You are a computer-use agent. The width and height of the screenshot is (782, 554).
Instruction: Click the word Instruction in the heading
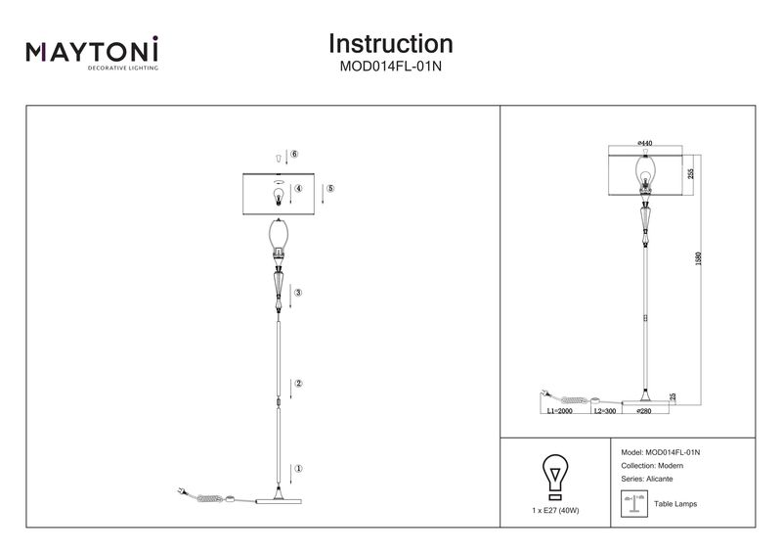point(390,44)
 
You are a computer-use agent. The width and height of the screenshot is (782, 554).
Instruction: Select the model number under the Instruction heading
point(390,67)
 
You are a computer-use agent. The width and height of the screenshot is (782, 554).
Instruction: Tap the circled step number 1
point(298,469)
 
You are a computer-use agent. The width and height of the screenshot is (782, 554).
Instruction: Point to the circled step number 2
point(298,384)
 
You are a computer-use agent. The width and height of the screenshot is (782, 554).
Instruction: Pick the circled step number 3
point(298,293)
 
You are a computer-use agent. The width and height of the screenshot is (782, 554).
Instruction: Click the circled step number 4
point(298,188)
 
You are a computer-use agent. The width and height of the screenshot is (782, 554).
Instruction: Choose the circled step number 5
point(330,188)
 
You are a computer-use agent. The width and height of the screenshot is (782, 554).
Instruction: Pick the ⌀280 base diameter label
point(644,412)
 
